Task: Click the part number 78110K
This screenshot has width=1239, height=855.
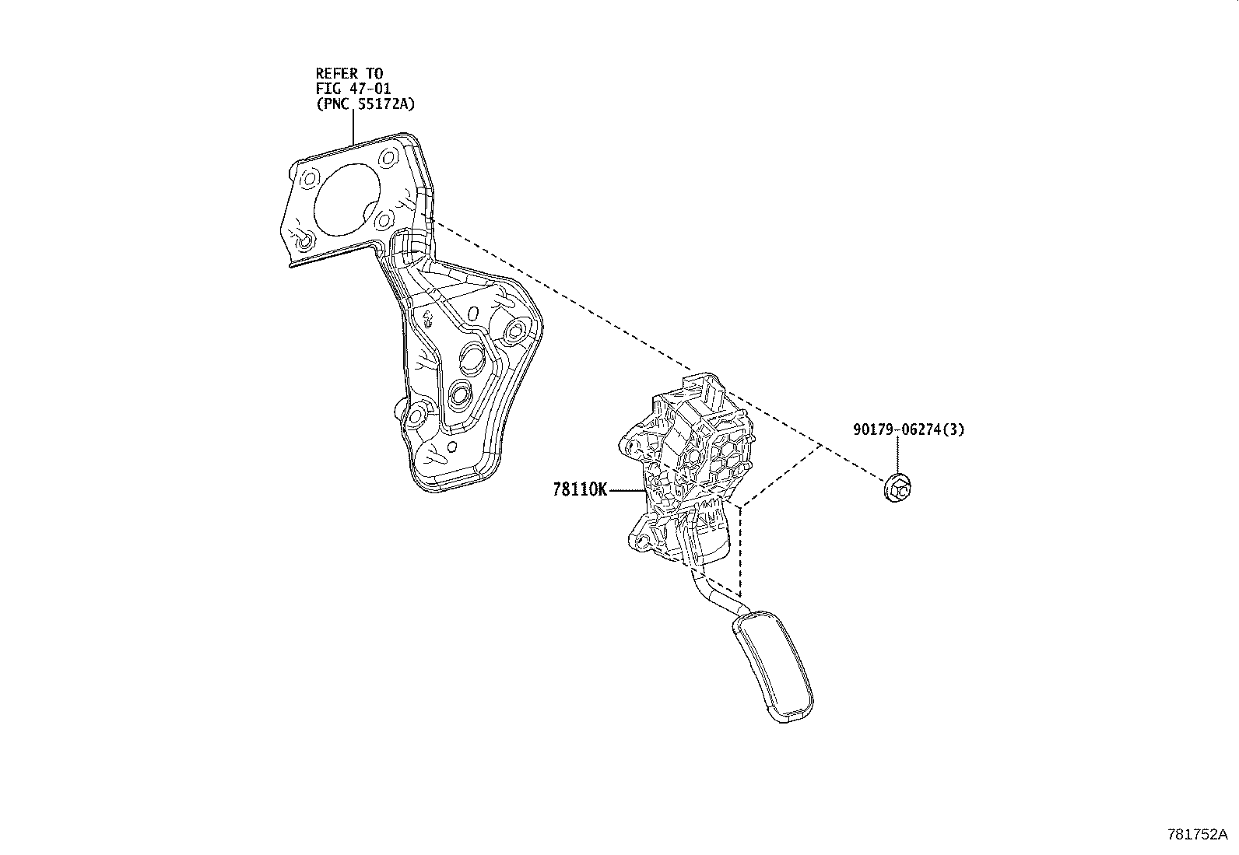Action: [579, 490]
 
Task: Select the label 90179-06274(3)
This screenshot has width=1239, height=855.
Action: [907, 429]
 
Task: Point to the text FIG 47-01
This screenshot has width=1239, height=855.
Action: [353, 89]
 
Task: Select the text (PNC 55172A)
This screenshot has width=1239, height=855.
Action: [364, 104]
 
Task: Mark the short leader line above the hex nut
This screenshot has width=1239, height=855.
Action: [898, 456]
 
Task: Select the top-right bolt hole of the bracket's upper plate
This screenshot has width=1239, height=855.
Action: [389, 158]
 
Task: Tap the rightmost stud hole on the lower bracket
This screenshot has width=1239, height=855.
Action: [514, 334]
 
